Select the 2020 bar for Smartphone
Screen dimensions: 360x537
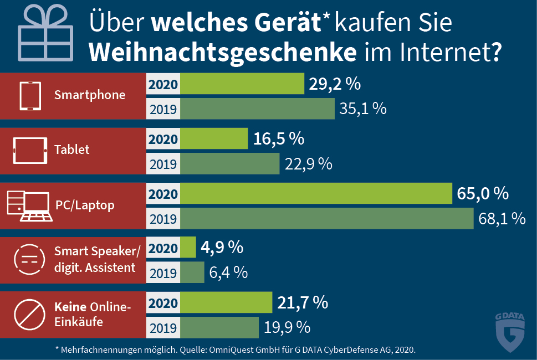242,84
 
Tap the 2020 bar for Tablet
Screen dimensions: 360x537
214,139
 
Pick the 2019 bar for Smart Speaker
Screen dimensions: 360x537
192,272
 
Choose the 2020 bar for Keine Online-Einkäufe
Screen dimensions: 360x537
226,303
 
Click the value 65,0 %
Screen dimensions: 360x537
483,194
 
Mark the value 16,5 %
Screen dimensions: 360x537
279,139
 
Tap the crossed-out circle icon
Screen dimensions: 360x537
28,315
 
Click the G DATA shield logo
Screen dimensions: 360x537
509,332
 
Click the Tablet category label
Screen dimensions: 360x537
71,150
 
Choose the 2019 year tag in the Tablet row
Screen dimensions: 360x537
163,163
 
